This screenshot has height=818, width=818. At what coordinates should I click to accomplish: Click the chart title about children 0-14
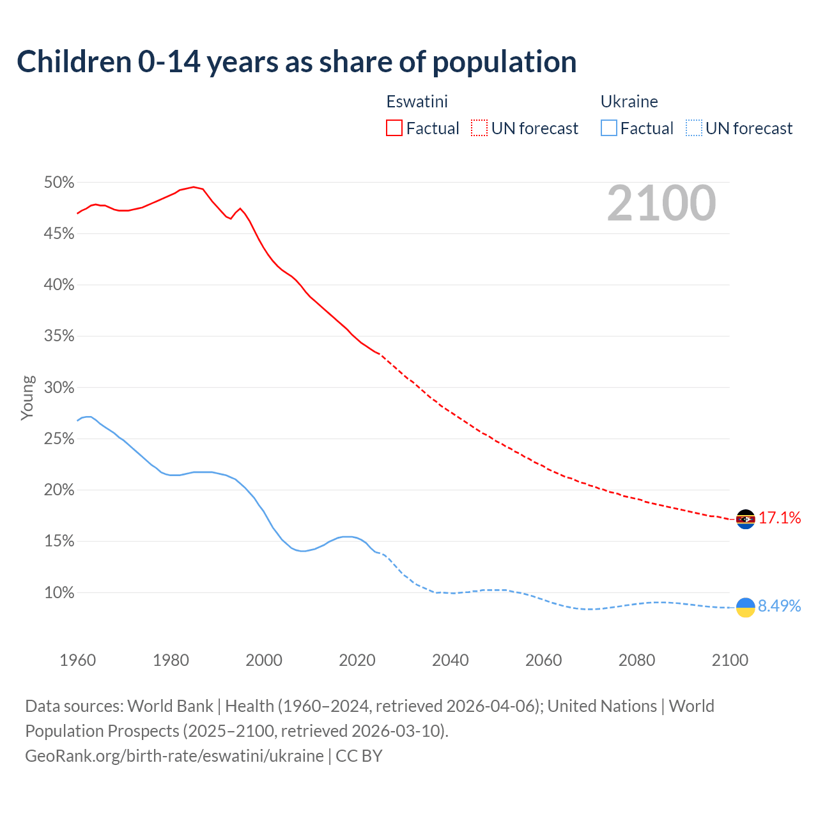tap(297, 62)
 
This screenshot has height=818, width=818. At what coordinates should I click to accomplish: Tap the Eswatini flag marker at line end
tap(746, 519)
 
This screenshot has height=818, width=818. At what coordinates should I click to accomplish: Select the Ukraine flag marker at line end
tap(746, 607)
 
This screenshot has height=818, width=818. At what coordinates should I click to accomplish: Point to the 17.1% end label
tap(780, 518)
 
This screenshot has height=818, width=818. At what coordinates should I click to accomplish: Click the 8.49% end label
tap(780, 606)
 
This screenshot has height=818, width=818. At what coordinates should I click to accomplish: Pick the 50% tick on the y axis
tap(59, 183)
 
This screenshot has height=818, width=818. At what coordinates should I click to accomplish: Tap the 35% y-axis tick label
tap(59, 336)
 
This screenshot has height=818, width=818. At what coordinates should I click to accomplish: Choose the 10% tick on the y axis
tap(59, 593)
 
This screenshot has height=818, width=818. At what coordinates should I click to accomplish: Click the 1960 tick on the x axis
tap(77, 660)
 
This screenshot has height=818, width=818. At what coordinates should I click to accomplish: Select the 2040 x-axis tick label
tap(451, 660)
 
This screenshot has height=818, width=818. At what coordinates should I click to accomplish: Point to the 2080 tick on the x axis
tap(637, 660)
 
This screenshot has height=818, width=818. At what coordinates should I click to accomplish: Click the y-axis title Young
tap(27, 397)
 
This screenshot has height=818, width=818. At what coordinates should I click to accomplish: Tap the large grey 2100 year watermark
tap(661, 203)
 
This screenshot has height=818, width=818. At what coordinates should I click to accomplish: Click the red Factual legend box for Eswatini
tap(394, 128)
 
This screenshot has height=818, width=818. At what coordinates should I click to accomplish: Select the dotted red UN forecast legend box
tap(479, 128)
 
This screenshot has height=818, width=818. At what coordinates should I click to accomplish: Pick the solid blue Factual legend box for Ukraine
tap(609, 128)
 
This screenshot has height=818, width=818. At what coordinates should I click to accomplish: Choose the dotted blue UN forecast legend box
tap(694, 128)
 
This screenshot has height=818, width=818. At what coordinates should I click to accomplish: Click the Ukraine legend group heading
tap(629, 102)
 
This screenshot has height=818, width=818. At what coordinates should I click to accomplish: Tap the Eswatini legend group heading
tap(417, 102)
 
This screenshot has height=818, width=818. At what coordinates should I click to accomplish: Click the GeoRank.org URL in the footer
tap(174, 756)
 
